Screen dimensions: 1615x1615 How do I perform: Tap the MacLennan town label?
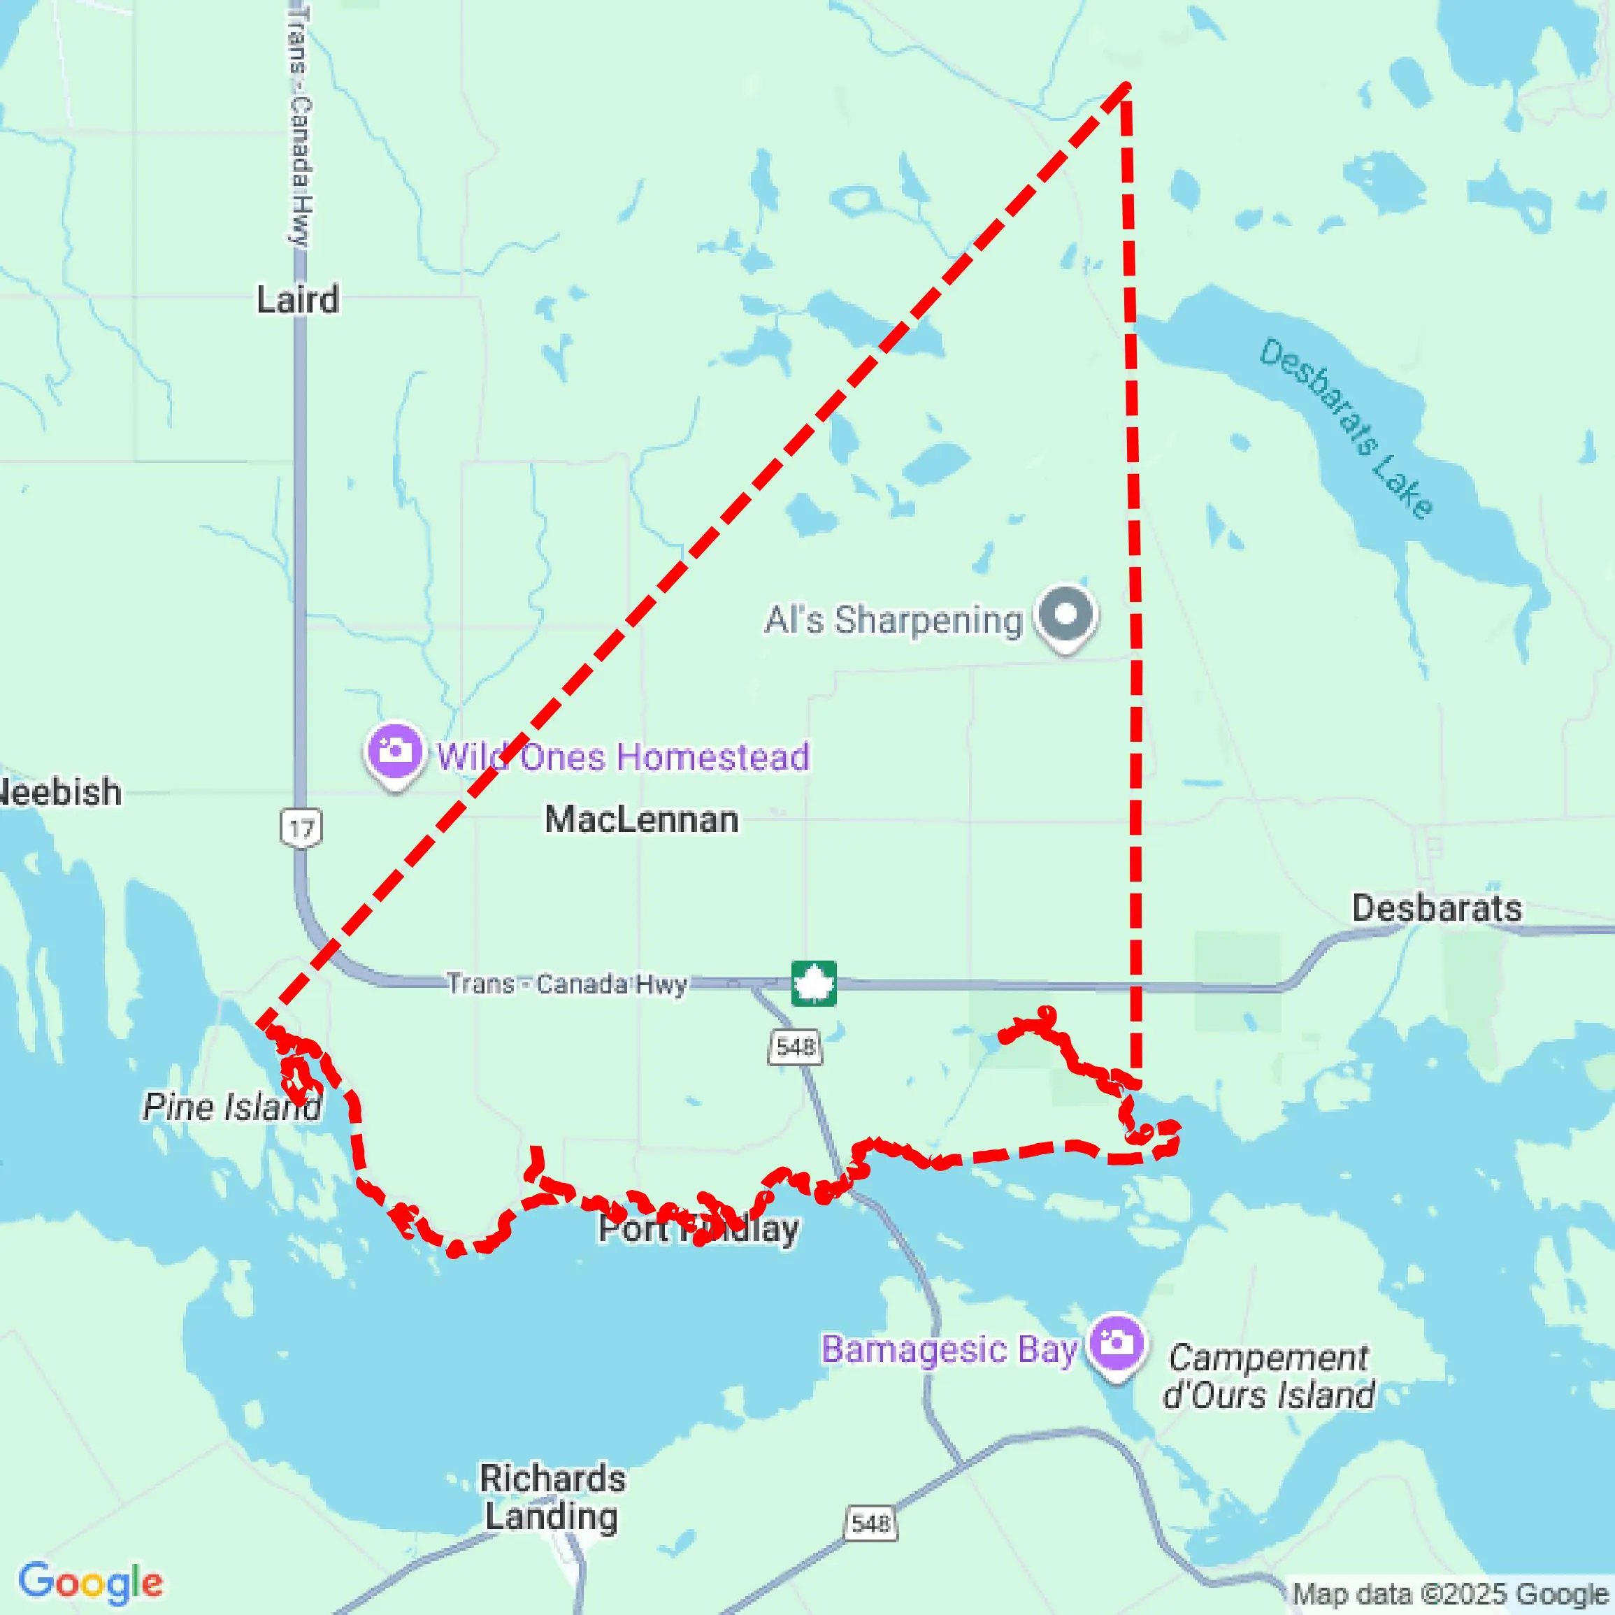[x=641, y=819]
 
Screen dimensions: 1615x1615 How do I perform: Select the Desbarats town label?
[x=1436, y=907]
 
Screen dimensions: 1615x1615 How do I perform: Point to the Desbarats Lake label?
[x=1346, y=427]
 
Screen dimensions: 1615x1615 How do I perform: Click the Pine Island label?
[x=231, y=1107]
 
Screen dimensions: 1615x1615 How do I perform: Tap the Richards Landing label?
[x=552, y=1497]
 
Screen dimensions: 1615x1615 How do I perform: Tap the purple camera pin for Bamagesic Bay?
[x=1115, y=1345]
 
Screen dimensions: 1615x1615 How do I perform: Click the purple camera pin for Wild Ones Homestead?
[x=394, y=752]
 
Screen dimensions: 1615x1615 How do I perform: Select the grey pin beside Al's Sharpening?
[x=1065, y=615]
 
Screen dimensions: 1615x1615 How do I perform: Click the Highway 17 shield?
[x=300, y=828]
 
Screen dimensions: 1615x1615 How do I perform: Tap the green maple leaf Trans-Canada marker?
[x=813, y=984]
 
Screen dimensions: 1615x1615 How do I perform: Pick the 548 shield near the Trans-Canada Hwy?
[x=794, y=1046]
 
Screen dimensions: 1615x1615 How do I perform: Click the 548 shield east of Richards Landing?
[x=870, y=1523]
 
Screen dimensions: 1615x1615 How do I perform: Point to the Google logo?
[x=90, y=1581]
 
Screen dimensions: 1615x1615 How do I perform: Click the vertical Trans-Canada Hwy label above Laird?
[x=298, y=125]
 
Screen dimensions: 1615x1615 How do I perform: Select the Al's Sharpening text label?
[x=893, y=620]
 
